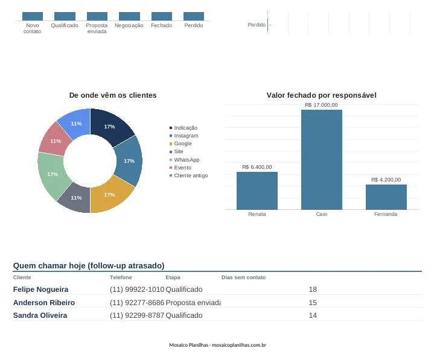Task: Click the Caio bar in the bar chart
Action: coord(322,160)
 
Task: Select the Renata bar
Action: coord(257,191)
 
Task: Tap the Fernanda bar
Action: coord(386,197)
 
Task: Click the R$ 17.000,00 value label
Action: coord(321,105)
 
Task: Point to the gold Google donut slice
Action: coord(110,195)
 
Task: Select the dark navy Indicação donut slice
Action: coord(110,126)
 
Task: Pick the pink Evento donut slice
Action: coord(56,141)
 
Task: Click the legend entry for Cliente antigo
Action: coord(188,175)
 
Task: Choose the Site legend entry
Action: coord(176,151)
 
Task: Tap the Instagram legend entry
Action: coord(183,136)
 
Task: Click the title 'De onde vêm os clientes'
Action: coord(113,95)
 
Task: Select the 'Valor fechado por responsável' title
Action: coord(321,95)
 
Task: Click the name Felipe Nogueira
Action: coord(40,289)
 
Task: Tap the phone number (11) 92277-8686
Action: coord(137,303)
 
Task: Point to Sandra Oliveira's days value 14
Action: coord(313,315)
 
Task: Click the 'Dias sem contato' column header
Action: coord(244,277)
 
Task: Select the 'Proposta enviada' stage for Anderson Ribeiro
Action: coord(193,303)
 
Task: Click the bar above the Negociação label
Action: coord(129,16)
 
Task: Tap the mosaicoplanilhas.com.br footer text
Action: coord(239,345)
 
